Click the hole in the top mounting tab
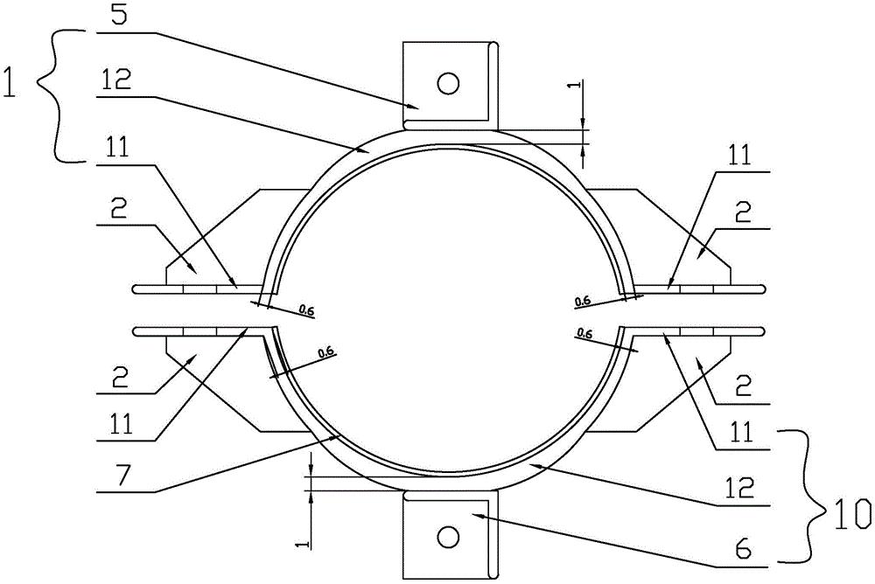(x=449, y=83)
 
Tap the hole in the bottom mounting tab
(x=449, y=537)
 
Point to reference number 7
(x=120, y=476)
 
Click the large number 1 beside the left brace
(x=10, y=81)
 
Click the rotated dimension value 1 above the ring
(x=577, y=86)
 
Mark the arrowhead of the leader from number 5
(x=414, y=105)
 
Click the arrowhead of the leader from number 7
(x=336, y=437)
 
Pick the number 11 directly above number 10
(x=742, y=431)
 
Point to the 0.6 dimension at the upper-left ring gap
(x=306, y=309)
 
